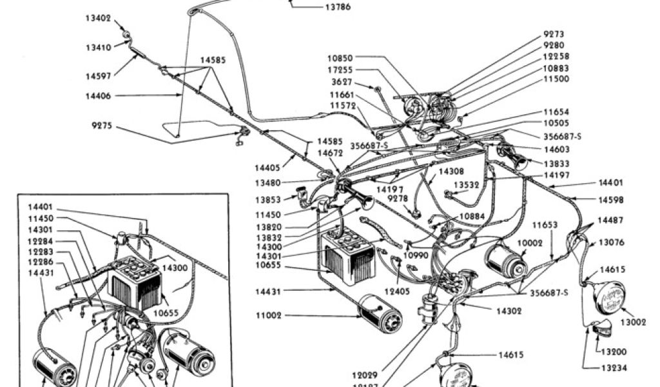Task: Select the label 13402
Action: [98, 18]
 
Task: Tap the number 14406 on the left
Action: [98, 95]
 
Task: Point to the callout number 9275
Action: [102, 126]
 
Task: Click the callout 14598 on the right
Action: [610, 200]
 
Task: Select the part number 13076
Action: [611, 243]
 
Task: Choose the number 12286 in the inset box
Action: [40, 263]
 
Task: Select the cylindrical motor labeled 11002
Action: [380, 315]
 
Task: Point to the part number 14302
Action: [509, 311]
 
